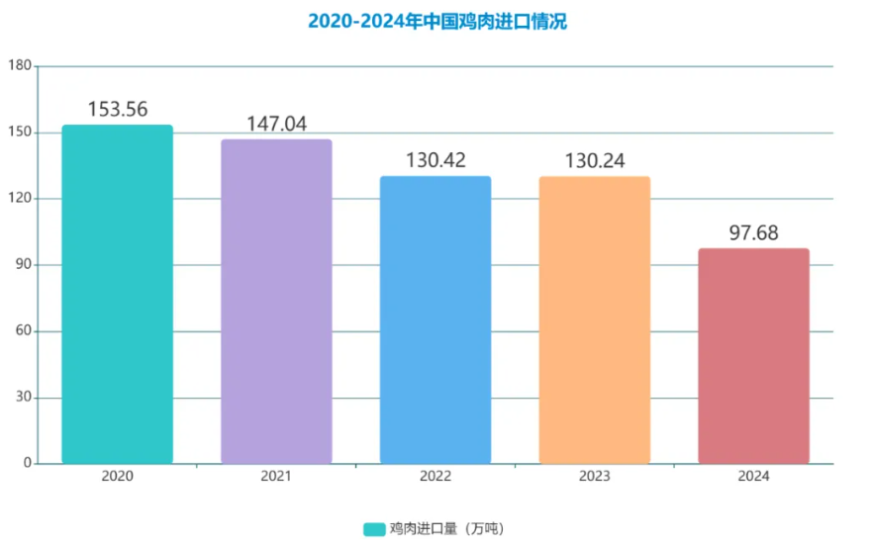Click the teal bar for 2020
[118, 294]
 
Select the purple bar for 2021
[276, 302]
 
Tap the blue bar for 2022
[435, 319]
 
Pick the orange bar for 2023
[594, 319]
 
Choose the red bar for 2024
[753, 356]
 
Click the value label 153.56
[118, 110]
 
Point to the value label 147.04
[276, 125]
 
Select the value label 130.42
[435, 161]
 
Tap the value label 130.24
[594, 161]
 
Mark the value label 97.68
[753, 233]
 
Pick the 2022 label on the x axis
[435, 477]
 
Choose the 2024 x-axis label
[753, 477]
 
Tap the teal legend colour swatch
[373, 529]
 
